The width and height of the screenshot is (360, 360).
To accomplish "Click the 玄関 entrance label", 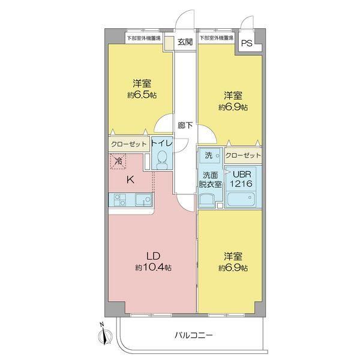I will [x=185, y=42].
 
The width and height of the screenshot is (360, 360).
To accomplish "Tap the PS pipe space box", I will [x=247, y=43].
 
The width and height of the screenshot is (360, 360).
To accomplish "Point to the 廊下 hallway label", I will [x=185, y=126].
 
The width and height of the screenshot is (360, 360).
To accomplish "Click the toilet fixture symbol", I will [x=161, y=159].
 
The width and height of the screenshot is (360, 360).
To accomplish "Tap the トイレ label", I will [x=161, y=144].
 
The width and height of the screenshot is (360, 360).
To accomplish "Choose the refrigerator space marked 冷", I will [x=118, y=161].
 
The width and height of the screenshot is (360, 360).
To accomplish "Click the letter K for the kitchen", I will [x=130, y=178].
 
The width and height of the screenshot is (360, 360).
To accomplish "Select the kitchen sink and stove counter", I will [x=130, y=200].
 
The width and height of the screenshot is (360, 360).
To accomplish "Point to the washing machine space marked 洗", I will [x=208, y=155].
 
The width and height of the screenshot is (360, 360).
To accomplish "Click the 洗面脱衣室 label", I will [x=211, y=179].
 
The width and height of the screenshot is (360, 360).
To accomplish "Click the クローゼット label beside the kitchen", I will [x=128, y=144].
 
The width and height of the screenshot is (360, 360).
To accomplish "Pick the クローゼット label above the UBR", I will [x=244, y=155].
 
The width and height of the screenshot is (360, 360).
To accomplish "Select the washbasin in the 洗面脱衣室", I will [x=208, y=200].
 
